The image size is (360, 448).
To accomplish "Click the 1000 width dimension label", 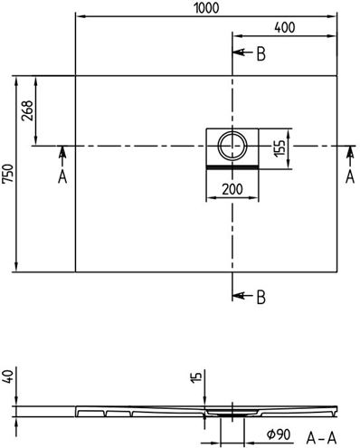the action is click(x=206, y=8).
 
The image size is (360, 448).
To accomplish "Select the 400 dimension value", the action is click(x=285, y=27).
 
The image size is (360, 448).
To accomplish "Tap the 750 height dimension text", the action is click(x=8, y=174).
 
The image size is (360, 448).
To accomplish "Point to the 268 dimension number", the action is click(x=27, y=110).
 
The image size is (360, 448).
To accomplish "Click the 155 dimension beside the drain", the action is click(x=279, y=148).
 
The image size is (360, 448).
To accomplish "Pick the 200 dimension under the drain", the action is click(x=232, y=189).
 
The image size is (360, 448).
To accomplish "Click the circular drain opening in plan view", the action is click(x=232, y=146).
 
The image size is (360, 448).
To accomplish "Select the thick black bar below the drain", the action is click(x=232, y=167).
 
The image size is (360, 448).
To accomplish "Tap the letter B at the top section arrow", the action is click(x=261, y=54).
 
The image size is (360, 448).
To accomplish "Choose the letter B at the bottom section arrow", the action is click(x=261, y=297).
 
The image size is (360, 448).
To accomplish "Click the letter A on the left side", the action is click(x=62, y=177).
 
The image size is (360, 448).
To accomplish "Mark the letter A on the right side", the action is click(x=350, y=177).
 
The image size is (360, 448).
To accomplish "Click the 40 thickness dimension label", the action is click(x=8, y=377).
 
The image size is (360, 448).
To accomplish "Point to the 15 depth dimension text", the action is click(x=196, y=377).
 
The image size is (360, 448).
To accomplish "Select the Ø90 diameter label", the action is click(x=279, y=434).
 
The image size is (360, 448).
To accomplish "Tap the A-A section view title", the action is click(x=321, y=438).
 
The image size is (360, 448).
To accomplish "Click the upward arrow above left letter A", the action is click(x=62, y=156).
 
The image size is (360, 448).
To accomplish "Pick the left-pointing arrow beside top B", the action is click(x=242, y=52).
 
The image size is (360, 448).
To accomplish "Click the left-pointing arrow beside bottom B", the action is click(x=242, y=295).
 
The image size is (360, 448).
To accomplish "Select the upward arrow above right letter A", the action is click(x=350, y=156).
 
